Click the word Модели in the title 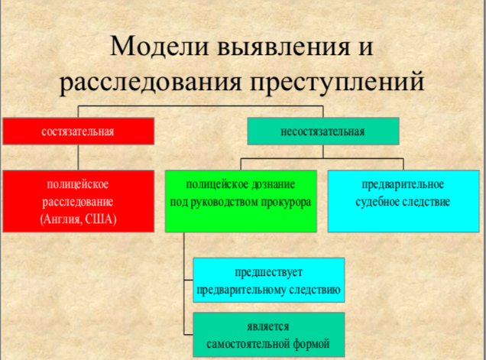point(159,46)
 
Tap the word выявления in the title point(283,47)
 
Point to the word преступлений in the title point(337,82)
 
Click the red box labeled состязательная point(79,131)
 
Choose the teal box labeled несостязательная point(323,131)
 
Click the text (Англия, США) point(78,219)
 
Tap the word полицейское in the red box point(78,184)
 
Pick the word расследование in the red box point(78,202)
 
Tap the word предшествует point(268,272)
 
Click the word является point(268,326)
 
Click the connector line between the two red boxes point(78,157)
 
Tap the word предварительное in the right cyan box point(403,184)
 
